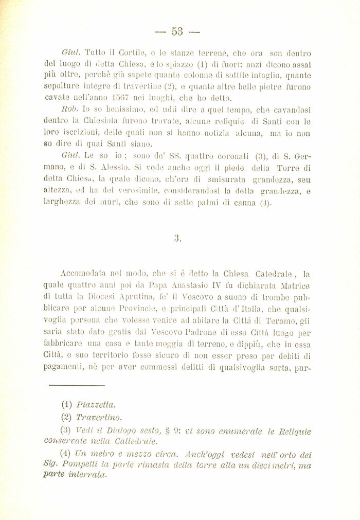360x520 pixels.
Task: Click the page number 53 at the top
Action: (x=177, y=31)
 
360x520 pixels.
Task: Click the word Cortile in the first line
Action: (x=134, y=53)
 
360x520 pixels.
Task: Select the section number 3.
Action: (x=177, y=238)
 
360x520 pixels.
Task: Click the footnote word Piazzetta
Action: (x=96, y=404)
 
